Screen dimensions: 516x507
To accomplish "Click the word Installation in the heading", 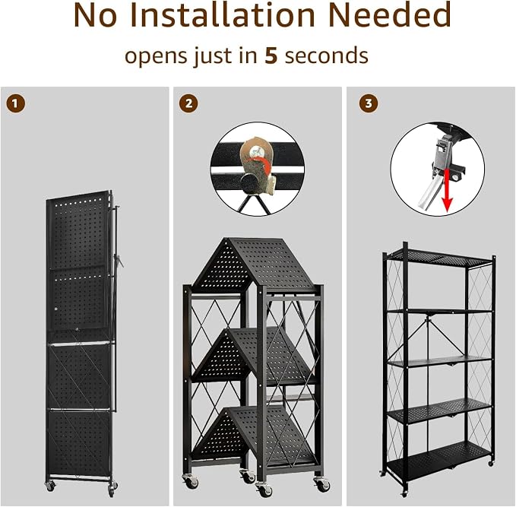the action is pyautogui.click(x=222, y=14).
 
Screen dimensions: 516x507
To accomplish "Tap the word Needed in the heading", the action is pyautogui.click(x=390, y=14).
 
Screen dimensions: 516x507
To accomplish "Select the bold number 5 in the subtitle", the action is pyautogui.click(x=271, y=55).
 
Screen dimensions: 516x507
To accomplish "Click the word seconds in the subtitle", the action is pyautogui.click(x=327, y=55).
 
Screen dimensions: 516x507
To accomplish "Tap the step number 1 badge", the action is pyautogui.click(x=15, y=104).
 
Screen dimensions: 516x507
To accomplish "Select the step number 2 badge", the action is pyautogui.click(x=188, y=104).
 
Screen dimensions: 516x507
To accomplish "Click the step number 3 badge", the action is pyautogui.click(x=369, y=104).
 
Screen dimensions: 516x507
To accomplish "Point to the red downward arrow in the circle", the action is pyautogui.click(x=447, y=190).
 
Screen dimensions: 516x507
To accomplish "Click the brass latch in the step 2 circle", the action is pyautogui.click(x=258, y=165).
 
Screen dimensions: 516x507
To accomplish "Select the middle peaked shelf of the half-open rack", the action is pyautogui.click(x=253, y=356).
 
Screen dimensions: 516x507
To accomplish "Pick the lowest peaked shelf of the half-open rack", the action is pyautogui.click(x=253, y=436).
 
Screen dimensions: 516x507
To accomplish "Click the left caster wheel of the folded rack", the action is pyautogui.click(x=50, y=486).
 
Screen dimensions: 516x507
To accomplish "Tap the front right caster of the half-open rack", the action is pyautogui.click(x=322, y=484).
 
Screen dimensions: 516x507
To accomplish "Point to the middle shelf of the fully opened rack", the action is pyautogui.click(x=439, y=362).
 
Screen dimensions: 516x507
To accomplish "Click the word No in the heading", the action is pyautogui.click(x=96, y=14).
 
